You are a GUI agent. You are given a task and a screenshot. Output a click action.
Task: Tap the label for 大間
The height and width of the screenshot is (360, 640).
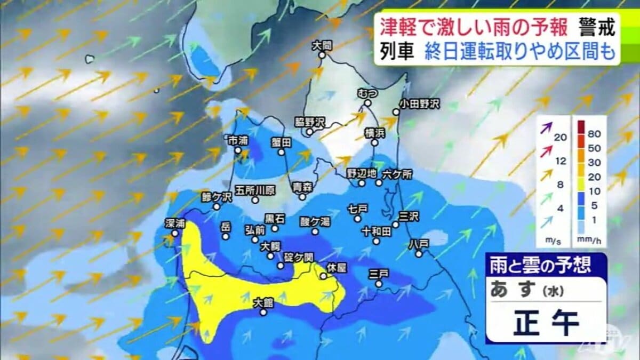[x=323, y=46]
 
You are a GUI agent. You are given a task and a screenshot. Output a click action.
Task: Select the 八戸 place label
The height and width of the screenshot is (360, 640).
[x=419, y=243]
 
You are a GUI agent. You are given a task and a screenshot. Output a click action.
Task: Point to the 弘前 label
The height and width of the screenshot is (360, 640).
[x=255, y=230]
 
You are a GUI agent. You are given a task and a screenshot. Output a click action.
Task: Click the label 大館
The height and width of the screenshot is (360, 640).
[x=263, y=302]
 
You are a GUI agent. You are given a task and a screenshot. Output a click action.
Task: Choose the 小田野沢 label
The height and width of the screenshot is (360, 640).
[x=420, y=103]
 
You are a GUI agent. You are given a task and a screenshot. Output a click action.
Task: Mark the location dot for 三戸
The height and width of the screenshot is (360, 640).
[x=378, y=284]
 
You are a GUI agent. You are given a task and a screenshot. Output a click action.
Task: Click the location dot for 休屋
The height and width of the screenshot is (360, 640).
[x=323, y=276]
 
